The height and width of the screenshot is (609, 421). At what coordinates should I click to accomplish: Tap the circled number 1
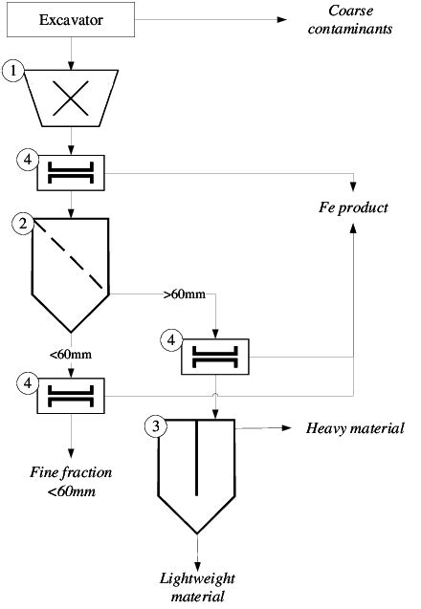(x=11, y=70)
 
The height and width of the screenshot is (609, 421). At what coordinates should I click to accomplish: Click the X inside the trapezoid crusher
(x=72, y=98)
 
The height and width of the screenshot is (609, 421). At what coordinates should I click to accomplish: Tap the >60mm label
(x=183, y=294)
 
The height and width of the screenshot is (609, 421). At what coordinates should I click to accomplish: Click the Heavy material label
(x=355, y=427)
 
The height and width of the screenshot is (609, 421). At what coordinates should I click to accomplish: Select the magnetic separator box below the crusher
(x=72, y=173)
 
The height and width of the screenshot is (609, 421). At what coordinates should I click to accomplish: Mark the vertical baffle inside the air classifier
(x=196, y=457)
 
